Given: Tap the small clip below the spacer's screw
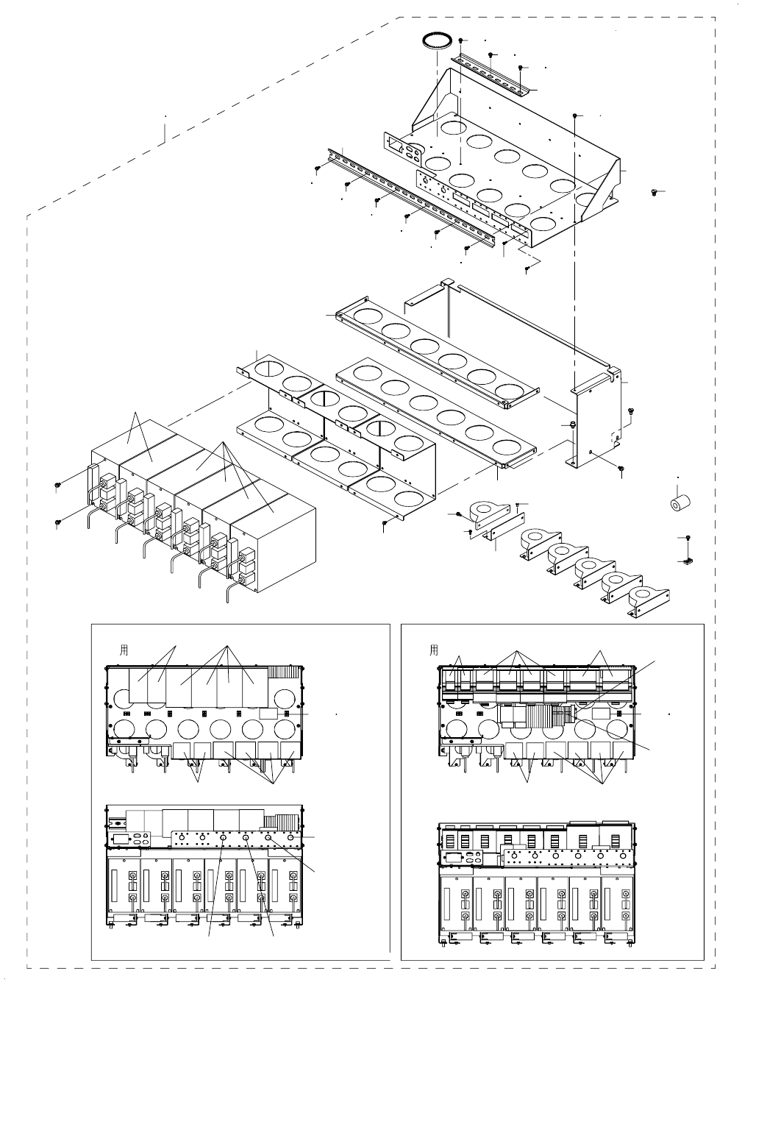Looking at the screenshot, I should [686, 562].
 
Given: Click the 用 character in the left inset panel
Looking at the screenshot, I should [124, 650].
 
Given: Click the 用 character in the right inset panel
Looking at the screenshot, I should [434, 650].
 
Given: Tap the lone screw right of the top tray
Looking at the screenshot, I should [654, 192].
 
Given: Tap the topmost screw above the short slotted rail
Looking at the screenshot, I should [460, 40].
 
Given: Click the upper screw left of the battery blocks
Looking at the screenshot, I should [57, 485].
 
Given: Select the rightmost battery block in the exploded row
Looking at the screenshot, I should [275, 544].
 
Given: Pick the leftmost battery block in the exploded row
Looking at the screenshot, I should [121, 471].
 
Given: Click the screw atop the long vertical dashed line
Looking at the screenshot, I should [574, 116].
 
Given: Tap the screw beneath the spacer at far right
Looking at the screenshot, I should [688, 539].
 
